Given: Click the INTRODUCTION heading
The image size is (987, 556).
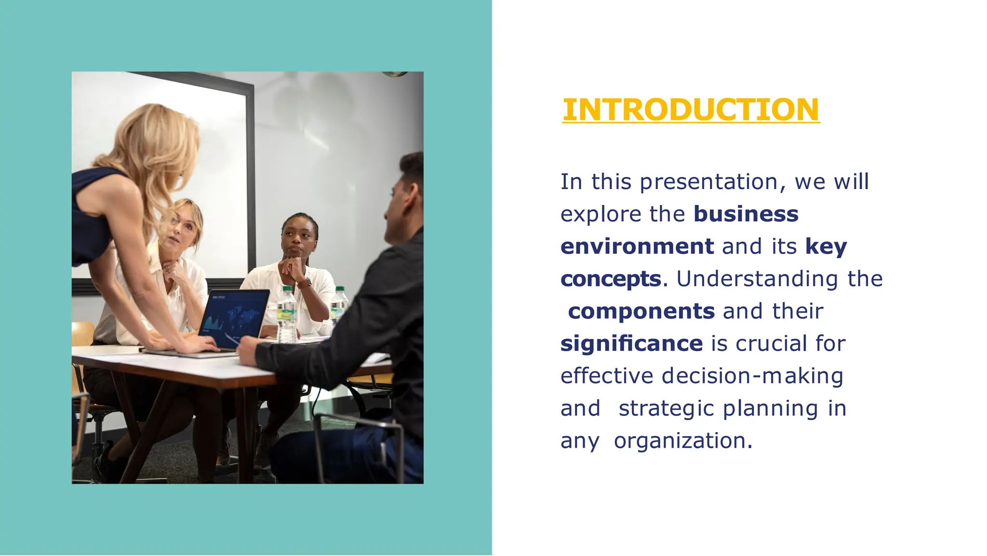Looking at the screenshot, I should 691,109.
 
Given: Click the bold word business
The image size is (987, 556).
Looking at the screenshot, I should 746,214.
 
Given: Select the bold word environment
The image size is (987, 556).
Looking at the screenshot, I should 637,246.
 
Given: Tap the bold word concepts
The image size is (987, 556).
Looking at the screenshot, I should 611,279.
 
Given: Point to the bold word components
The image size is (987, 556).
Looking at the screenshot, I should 641,312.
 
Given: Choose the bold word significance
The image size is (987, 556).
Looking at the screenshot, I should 631,344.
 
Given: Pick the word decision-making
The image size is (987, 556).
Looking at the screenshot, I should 752,376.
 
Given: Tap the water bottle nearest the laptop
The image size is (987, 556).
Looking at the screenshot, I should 287,316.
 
